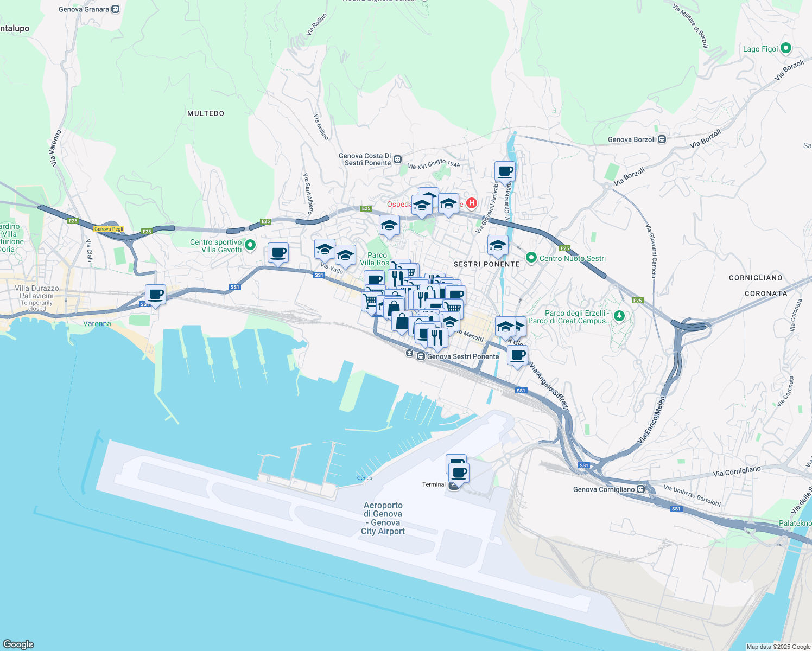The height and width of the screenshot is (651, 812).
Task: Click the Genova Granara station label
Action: (x=84, y=9)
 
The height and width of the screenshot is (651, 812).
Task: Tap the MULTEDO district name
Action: (x=206, y=113)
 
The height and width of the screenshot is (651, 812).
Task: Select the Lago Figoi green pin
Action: (x=785, y=49)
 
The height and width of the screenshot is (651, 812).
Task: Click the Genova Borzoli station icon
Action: (x=662, y=139)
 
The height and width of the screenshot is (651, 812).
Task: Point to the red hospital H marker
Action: (x=472, y=203)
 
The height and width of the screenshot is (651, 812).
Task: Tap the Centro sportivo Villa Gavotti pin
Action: (x=250, y=246)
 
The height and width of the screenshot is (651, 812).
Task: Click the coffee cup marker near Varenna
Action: (x=156, y=295)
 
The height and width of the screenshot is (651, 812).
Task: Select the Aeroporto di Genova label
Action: (x=383, y=518)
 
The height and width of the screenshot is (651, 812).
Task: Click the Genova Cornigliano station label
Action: (x=604, y=489)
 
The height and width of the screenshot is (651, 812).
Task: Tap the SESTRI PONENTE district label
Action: (x=487, y=264)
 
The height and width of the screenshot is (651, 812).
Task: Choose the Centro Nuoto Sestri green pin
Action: (x=531, y=258)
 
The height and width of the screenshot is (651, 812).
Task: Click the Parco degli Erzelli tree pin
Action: (x=619, y=316)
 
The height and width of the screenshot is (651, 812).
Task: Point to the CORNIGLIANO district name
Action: (x=756, y=278)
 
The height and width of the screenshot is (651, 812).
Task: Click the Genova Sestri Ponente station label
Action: (x=462, y=356)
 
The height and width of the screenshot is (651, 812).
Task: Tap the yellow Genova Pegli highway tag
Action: (x=109, y=229)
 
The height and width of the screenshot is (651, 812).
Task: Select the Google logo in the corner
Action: (x=18, y=644)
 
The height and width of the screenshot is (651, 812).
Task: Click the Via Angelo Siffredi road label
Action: (x=549, y=386)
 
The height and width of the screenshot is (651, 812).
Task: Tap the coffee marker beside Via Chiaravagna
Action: (x=505, y=171)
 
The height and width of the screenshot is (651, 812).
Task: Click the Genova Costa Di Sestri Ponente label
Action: (x=365, y=159)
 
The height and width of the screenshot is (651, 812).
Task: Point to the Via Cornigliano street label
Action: (x=737, y=471)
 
